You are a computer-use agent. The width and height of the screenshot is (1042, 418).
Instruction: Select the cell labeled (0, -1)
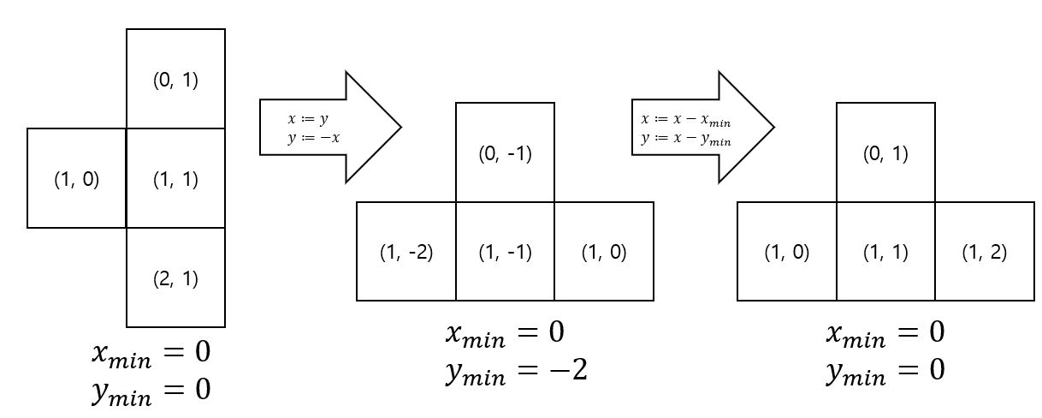[x=505, y=153]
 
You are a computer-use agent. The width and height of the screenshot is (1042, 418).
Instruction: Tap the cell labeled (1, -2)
[x=406, y=253]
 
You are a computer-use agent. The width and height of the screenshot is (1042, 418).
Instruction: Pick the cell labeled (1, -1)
[x=505, y=253]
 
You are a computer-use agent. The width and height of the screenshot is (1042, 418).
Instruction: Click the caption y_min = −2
[x=516, y=371]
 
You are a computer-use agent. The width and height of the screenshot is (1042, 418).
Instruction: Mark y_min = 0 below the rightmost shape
[x=885, y=371]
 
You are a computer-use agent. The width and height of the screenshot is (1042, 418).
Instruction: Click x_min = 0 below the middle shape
[x=505, y=332]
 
